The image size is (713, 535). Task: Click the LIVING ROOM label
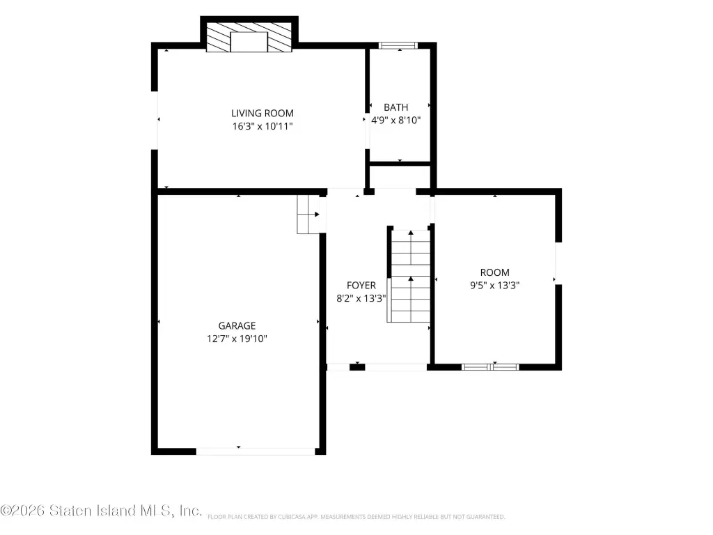pyautogui.click(x=263, y=113)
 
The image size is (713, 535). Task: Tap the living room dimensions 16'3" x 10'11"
pyautogui.click(x=263, y=126)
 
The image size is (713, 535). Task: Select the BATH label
pyautogui.click(x=395, y=107)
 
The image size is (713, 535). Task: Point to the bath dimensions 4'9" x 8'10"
pyautogui.click(x=396, y=120)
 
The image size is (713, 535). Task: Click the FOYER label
pyautogui.click(x=361, y=285)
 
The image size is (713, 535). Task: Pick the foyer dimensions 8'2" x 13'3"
pyautogui.click(x=361, y=298)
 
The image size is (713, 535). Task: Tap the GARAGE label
pyautogui.click(x=237, y=326)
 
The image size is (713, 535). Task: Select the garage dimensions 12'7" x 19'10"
pyautogui.click(x=237, y=339)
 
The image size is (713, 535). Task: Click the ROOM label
pyautogui.click(x=495, y=272)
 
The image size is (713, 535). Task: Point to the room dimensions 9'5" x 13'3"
pyautogui.click(x=495, y=285)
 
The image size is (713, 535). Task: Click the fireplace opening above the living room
pyautogui.click(x=249, y=42)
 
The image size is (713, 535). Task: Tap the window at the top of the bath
pyautogui.click(x=398, y=45)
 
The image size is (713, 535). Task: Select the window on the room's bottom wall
pyautogui.click(x=490, y=367)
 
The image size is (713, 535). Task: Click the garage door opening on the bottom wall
pyautogui.click(x=256, y=451)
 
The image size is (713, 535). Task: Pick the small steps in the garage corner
pyautogui.click(x=308, y=215)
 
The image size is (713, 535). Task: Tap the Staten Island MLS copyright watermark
pyautogui.click(x=101, y=511)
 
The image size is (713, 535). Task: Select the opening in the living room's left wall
pyautogui.click(x=155, y=120)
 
